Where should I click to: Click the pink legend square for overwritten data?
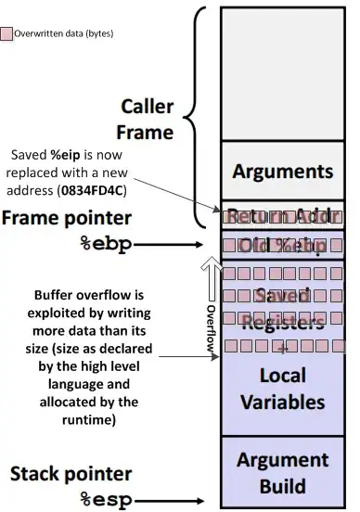point(7,33)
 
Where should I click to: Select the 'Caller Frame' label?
point(148,118)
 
